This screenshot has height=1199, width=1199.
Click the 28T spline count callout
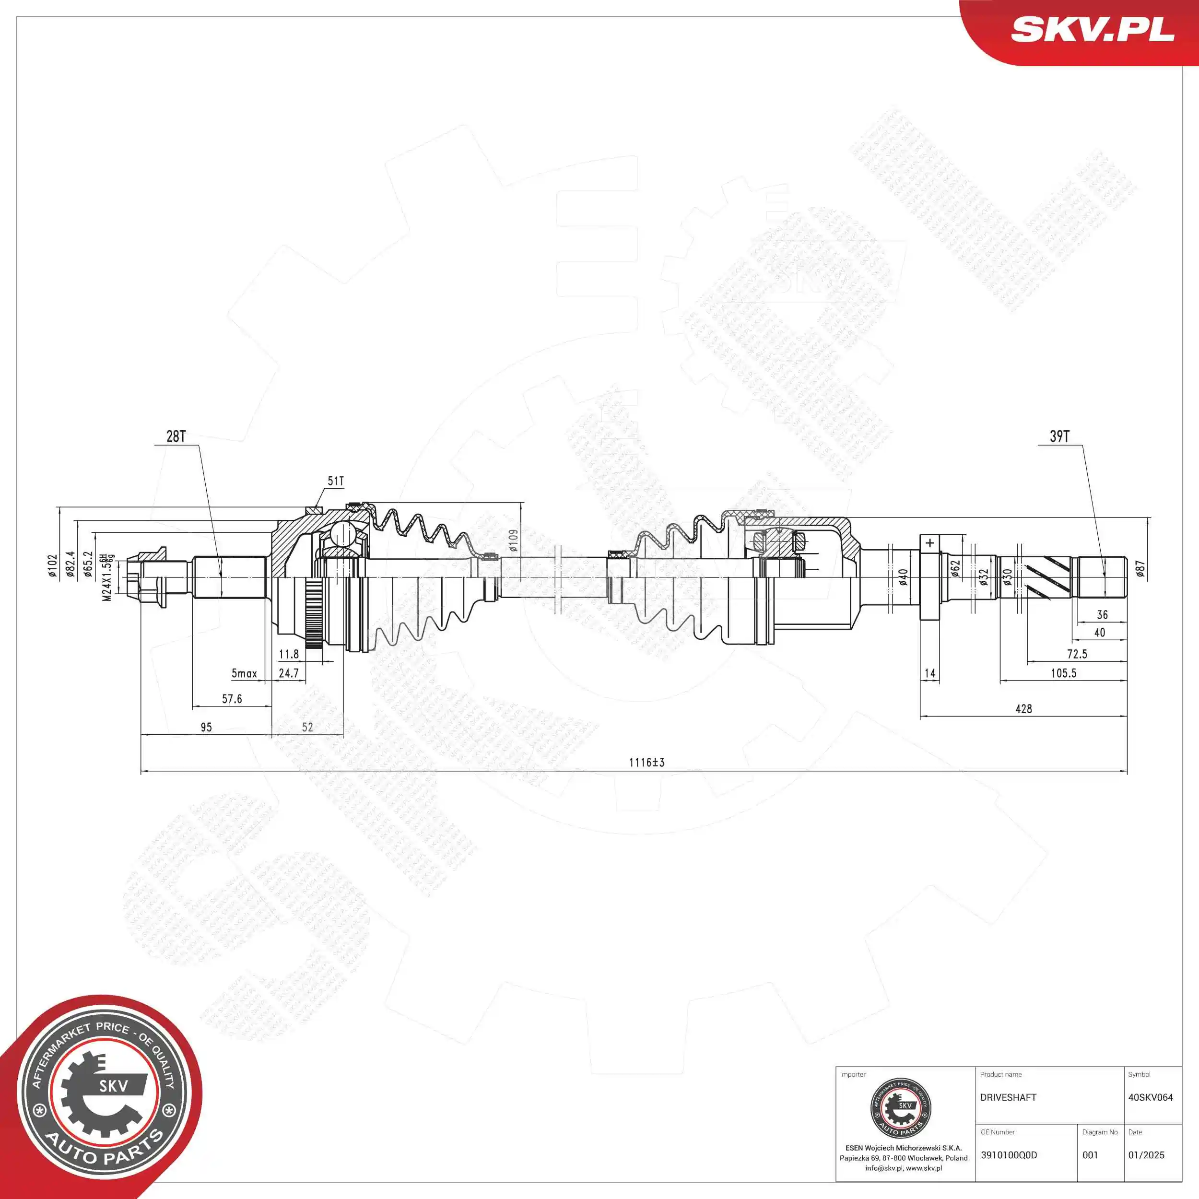coord(176,436)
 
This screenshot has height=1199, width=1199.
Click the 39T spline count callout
coord(1059,436)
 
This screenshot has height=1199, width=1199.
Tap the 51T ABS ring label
coord(336,481)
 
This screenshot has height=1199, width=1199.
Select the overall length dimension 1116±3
coord(647,762)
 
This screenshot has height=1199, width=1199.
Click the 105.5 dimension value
coord(1063,673)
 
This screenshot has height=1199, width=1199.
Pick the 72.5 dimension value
coord(1077,654)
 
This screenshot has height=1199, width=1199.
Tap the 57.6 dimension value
coord(232,699)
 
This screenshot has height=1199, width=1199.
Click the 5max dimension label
coord(244,673)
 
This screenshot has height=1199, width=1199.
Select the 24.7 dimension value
coord(289,673)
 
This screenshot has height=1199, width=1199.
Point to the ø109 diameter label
coord(513,541)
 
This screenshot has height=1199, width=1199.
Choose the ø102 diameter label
coord(53,566)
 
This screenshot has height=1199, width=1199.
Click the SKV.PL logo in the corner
coord(1092,30)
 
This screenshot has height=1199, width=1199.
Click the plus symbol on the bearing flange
coord(929,543)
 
